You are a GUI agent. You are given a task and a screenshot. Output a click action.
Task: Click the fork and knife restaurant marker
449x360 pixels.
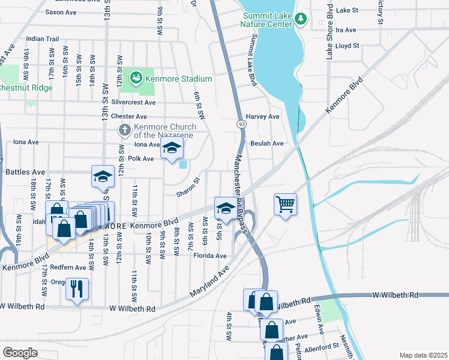pos(77,288)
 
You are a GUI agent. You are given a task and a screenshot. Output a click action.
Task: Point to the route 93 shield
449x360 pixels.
pos(240,123)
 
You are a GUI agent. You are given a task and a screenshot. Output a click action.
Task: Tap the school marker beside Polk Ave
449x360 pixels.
pos(172,149)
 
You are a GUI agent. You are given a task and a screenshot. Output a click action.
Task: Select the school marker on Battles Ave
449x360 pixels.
pos(103,176)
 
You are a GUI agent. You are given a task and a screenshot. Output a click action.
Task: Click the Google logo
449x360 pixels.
pos(20,352)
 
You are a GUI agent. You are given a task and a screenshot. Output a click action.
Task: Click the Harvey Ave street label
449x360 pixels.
pos(263,116)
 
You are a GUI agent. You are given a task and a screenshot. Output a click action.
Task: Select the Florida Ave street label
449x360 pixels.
pos(209,256)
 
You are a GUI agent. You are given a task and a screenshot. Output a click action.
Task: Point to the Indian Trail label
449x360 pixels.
pos(43,38)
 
